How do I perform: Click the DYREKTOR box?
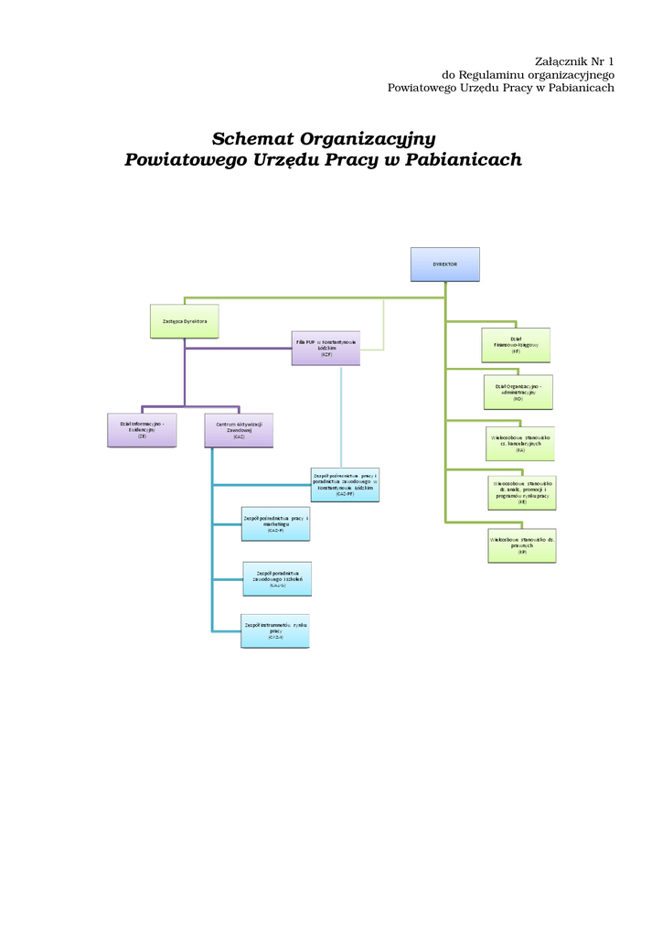pos(444,264)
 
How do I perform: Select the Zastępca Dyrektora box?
pos(184,321)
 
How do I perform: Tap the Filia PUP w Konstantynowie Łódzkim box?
pos(326,348)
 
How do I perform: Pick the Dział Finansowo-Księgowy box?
pos(517,344)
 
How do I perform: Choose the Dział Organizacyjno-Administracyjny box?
pos(518,392)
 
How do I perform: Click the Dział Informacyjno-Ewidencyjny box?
pos(142,430)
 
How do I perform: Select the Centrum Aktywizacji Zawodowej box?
pos(239,430)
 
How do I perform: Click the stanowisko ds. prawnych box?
pos(522,545)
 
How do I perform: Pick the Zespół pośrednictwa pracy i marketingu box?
pos(276,523)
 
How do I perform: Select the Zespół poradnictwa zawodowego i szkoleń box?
pos(277,579)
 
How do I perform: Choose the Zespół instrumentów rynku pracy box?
pos(275,630)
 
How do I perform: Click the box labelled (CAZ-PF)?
pos(345,484)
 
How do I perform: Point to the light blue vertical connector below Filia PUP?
pos(341,416)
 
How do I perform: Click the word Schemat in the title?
pos(252,139)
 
